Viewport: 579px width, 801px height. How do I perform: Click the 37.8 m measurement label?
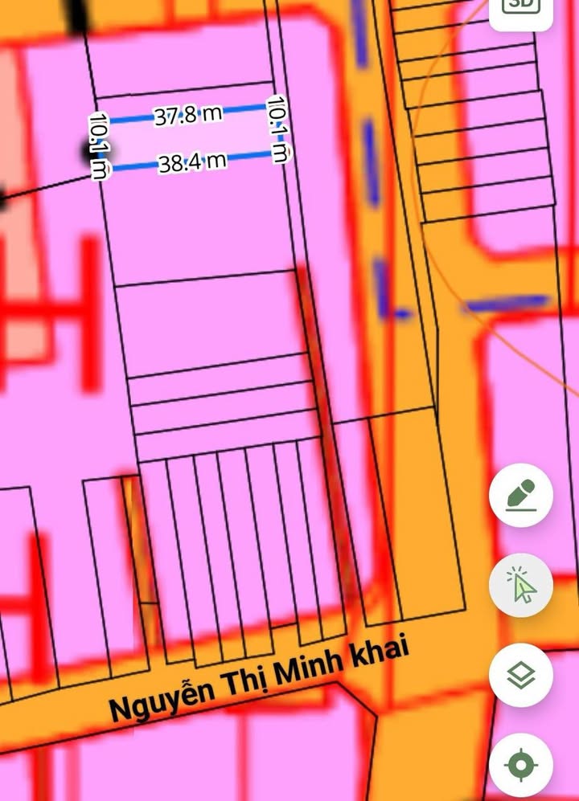point(188,115)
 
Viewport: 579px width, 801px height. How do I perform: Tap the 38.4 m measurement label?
point(192,163)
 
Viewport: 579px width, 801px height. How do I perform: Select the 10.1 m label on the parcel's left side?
point(99,146)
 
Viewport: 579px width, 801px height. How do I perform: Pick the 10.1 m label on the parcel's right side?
point(277,129)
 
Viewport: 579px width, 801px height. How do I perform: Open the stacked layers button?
point(521,676)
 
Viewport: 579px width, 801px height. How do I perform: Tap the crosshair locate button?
point(521,765)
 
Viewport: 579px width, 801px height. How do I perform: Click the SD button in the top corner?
point(520,6)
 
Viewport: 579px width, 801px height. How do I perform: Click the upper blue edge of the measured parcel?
point(241,108)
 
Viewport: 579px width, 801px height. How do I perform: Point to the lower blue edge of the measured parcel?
point(137,167)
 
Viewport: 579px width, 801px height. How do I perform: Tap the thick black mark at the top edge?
point(77,16)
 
